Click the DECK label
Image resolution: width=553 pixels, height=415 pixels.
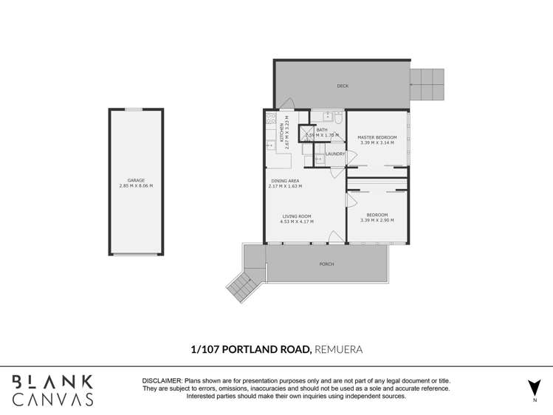point(342,86)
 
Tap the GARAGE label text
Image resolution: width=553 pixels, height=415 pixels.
point(136,180)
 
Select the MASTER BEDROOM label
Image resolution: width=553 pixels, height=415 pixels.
point(377,137)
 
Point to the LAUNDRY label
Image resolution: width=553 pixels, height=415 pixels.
point(335,154)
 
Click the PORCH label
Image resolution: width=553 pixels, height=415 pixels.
point(326,264)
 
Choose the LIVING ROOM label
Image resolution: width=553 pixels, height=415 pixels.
point(296,216)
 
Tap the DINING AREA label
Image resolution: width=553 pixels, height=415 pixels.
point(285,180)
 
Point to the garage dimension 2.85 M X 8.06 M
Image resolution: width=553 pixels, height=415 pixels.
point(136,186)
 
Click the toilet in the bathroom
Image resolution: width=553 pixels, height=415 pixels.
point(337,118)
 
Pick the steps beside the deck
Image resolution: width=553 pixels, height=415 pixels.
point(427,84)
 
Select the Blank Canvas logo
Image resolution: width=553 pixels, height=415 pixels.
point(52,390)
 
